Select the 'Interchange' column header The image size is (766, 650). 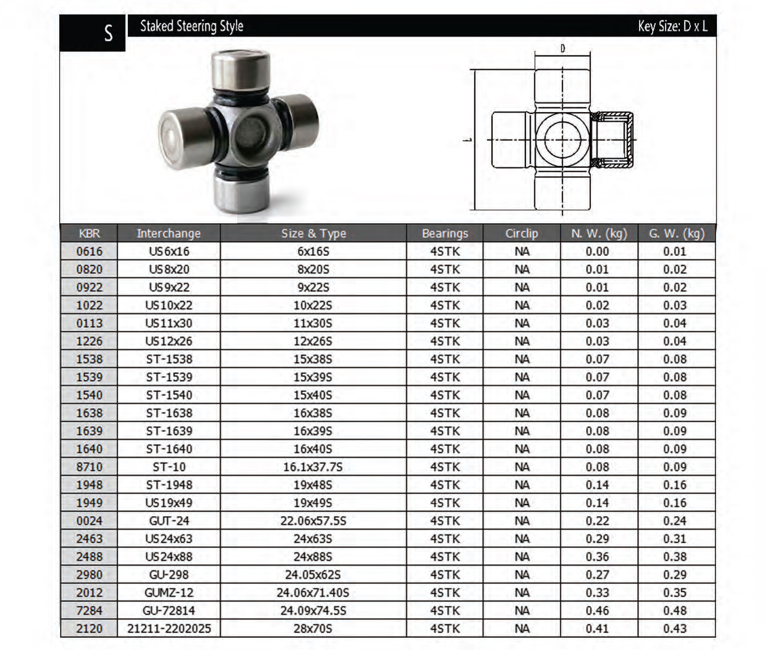(169, 233)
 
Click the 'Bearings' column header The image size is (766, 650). (445, 233)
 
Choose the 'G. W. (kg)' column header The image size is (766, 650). (676, 233)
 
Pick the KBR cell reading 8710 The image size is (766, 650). (89, 467)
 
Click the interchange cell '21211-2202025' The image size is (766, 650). (169, 629)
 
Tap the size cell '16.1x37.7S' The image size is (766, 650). (313, 467)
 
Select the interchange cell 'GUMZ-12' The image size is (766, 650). (169, 593)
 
